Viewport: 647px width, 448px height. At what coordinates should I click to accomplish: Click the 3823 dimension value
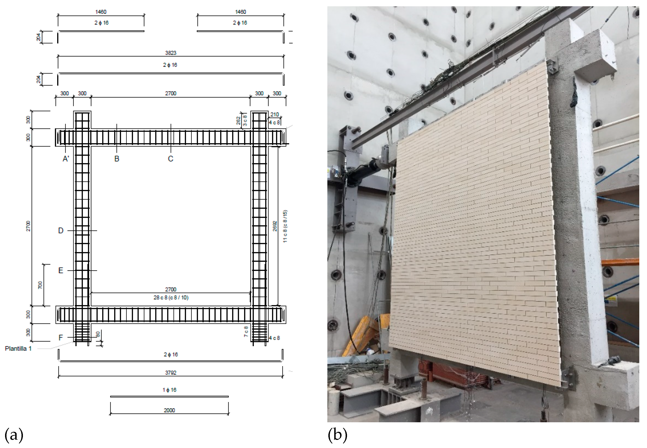(170, 53)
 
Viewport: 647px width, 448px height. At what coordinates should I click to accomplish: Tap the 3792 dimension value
(170, 372)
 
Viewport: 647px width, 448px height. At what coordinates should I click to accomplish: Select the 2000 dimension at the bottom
(169, 410)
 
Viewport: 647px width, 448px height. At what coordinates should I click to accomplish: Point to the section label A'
(66, 159)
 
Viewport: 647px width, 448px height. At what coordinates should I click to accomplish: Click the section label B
(117, 159)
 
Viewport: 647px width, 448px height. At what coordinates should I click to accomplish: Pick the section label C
(170, 159)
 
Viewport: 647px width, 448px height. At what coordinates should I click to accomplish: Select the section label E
(61, 271)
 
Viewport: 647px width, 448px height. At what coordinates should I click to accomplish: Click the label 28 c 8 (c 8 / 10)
(171, 297)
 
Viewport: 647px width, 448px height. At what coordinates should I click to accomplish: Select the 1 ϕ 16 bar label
(169, 390)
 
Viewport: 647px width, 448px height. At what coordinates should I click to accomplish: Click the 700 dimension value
(40, 285)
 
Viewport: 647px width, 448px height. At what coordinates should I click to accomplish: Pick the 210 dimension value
(275, 114)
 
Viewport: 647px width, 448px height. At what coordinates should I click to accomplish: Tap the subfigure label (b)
(337, 435)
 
